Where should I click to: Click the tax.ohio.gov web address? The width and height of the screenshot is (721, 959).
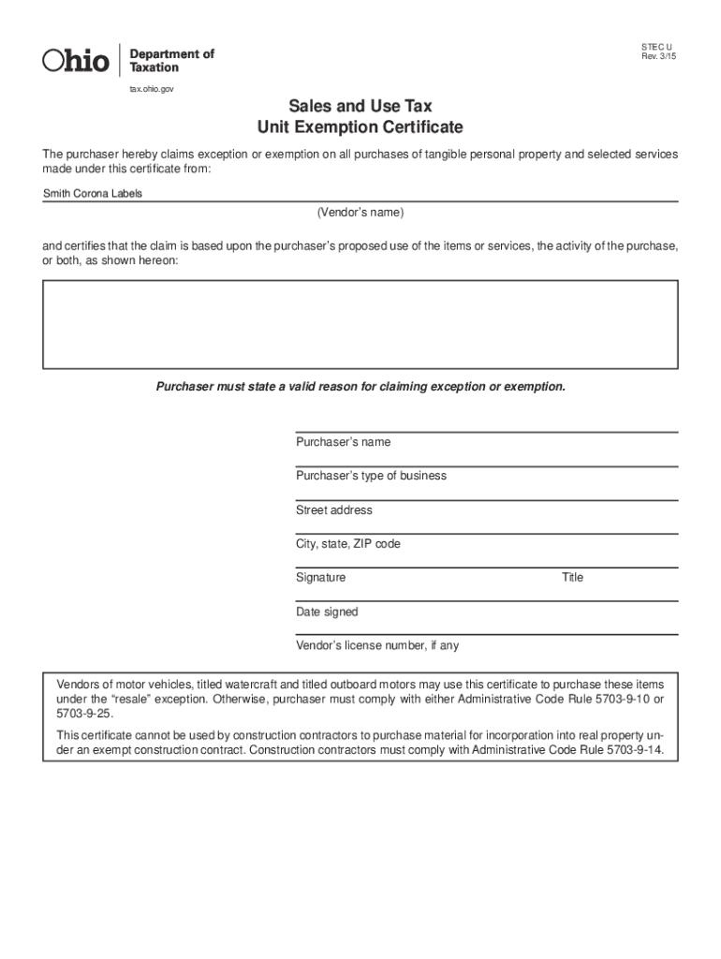(x=151, y=89)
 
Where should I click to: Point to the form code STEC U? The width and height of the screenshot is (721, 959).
(x=657, y=46)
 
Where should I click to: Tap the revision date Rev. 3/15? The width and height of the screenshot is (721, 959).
(x=658, y=57)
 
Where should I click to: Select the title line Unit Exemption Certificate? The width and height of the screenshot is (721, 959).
(x=360, y=127)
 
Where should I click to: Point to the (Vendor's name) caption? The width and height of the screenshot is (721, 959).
(x=360, y=213)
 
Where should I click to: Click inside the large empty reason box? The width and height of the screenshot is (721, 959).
(x=360, y=324)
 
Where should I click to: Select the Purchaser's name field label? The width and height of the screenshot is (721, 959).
(x=343, y=442)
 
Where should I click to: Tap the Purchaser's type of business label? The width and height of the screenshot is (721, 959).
(x=371, y=476)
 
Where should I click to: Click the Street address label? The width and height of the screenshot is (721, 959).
(x=333, y=510)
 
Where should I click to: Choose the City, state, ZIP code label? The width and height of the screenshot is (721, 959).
(x=347, y=544)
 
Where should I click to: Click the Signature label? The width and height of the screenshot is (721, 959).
(x=320, y=578)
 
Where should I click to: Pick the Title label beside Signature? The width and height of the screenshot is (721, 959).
(x=572, y=578)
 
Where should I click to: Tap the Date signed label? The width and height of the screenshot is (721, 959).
(x=327, y=612)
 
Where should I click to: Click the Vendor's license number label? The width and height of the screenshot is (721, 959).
(x=377, y=646)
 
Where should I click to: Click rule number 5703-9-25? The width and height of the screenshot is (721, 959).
(x=84, y=713)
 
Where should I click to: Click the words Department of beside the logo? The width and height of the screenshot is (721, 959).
(x=178, y=54)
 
